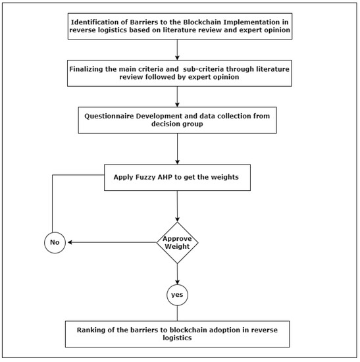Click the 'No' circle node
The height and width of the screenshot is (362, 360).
coord(55,242)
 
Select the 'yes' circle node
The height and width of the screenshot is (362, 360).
coord(176,296)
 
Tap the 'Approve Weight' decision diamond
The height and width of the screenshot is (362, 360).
coord(176,242)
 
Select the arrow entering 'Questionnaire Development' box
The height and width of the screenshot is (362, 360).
coord(176,96)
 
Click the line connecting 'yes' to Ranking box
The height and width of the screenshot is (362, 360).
coord(176,313)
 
